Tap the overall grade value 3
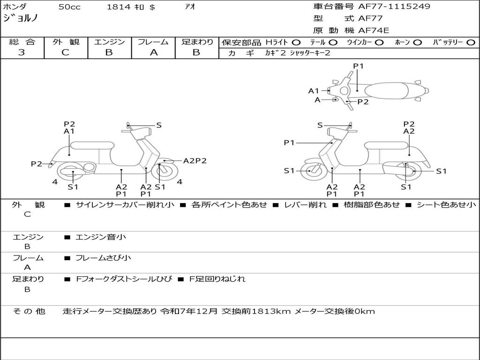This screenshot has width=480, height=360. pos(22,52)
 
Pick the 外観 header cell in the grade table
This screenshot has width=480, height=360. pos(66,42)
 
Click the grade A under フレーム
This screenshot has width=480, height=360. pos(153,52)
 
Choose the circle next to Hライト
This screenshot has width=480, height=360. pos(296,43)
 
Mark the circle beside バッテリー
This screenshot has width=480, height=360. pos(471,43)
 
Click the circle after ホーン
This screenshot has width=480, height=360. pos(417,43)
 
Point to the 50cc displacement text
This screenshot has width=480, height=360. pos(69,7)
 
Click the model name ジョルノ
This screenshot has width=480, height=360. pos(21,19)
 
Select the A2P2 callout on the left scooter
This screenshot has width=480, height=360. pos(195,161)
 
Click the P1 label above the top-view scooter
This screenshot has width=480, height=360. pos(358,66)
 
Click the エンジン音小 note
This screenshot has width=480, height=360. pos(101,237)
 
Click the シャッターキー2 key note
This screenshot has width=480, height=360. pos(310,53)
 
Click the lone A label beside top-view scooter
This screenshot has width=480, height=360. pos(317,100)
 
